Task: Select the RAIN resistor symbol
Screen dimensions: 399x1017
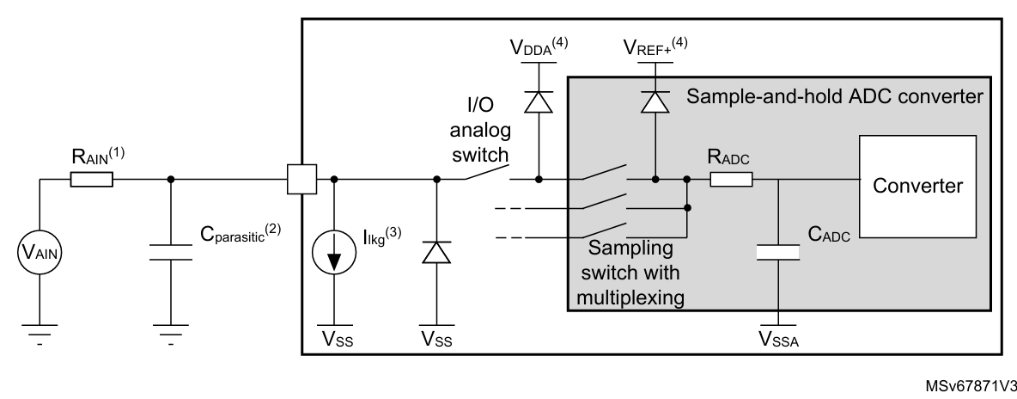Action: (x=90, y=180)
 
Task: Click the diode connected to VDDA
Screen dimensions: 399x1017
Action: (x=539, y=101)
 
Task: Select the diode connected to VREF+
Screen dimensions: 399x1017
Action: (x=655, y=101)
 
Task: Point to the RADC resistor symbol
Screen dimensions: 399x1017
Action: (x=731, y=180)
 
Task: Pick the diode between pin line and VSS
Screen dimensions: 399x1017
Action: (x=436, y=252)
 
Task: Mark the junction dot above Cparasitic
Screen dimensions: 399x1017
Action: (x=171, y=180)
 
